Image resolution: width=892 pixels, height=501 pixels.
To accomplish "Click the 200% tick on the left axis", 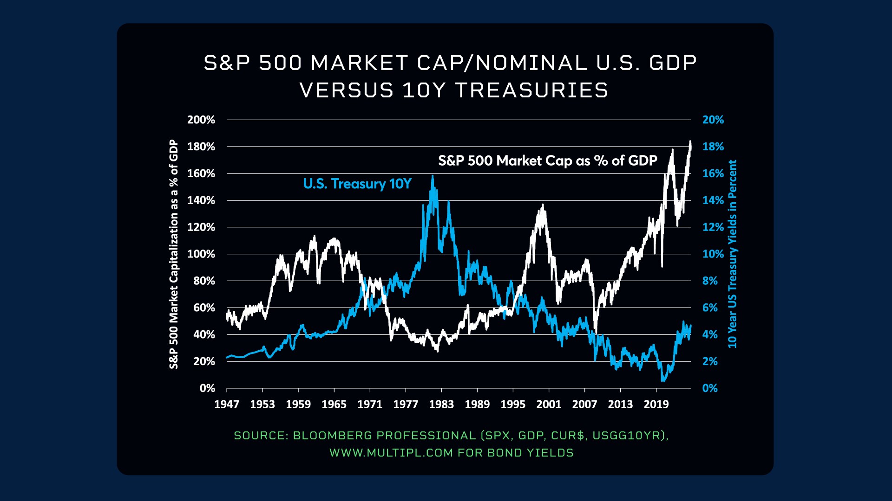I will click(201, 120).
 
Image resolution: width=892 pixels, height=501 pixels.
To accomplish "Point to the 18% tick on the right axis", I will click(713, 147).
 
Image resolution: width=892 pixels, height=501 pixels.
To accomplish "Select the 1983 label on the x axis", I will click(441, 405).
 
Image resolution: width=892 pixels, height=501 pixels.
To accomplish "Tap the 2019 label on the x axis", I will click(656, 405).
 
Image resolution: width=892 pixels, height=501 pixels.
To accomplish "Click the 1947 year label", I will click(226, 405).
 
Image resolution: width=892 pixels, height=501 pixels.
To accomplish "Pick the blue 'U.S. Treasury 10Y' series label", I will click(357, 184).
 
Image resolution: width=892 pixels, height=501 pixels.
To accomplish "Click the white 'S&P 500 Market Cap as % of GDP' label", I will click(547, 161).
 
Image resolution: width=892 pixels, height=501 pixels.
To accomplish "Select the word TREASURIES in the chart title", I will click(531, 90).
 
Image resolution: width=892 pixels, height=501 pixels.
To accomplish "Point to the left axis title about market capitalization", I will click(174, 254).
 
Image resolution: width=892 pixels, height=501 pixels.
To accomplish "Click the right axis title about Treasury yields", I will click(732, 254).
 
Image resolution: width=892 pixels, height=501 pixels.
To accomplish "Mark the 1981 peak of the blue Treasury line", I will click(433, 176).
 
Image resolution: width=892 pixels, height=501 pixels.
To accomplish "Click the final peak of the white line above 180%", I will click(690, 141).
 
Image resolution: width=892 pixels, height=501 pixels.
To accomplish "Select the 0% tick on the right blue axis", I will click(709, 388).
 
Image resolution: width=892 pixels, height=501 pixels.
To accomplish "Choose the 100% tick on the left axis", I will click(201, 254).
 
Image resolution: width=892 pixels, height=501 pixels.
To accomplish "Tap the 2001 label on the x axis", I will click(549, 405).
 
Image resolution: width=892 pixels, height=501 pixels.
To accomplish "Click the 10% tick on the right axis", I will click(713, 254).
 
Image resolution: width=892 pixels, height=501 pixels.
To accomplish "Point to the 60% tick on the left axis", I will click(204, 308).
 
